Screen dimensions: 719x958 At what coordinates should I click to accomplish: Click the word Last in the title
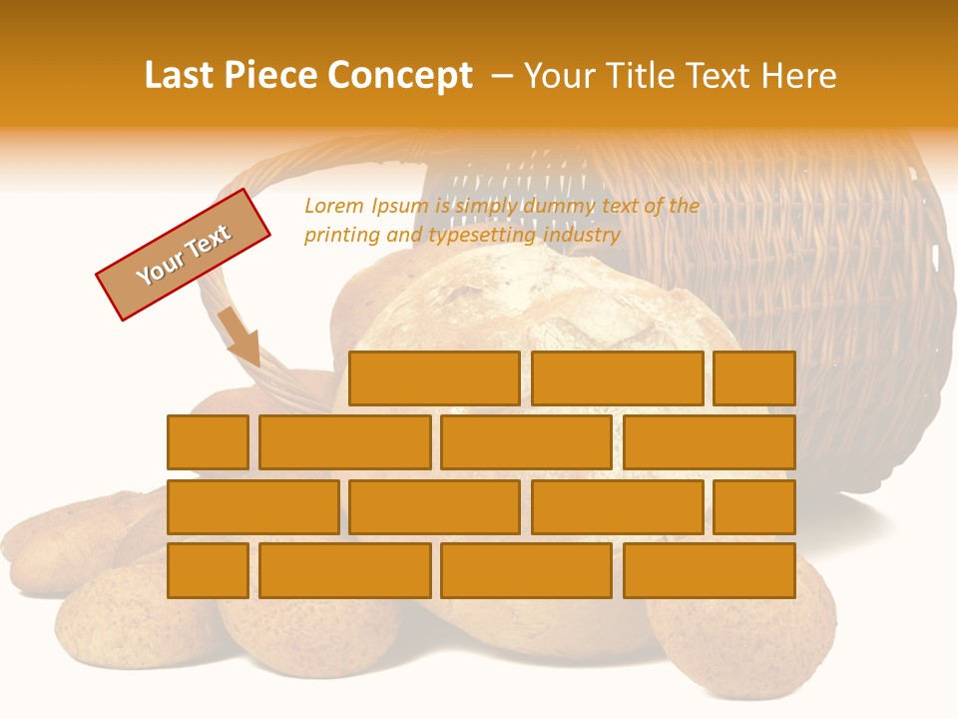tap(177, 76)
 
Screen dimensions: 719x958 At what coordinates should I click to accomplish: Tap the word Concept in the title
tap(402, 76)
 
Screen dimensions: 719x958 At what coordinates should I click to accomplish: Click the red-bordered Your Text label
tap(184, 254)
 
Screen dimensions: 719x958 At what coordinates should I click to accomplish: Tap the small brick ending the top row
tap(754, 378)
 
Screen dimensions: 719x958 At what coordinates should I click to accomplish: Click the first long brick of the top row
tap(434, 378)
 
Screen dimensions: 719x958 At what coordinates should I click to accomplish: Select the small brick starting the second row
tap(208, 442)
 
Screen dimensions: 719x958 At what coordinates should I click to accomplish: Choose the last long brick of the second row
tap(710, 442)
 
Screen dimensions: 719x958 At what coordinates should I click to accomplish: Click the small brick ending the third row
tap(754, 506)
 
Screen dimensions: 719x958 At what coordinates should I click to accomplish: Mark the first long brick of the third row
tap(252, 506)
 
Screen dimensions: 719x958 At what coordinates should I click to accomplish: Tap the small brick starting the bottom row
tap(208, 570)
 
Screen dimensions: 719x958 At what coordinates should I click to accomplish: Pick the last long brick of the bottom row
tap(710, 570)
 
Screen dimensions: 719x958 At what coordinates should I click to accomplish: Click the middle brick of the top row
tap(617, 378)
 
